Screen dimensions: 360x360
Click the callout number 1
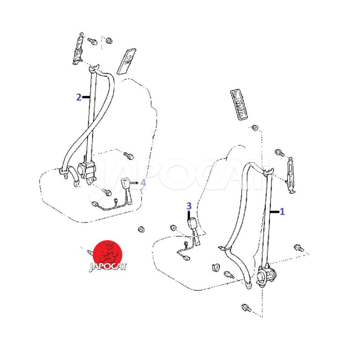click(282, 211)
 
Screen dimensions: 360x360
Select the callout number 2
click(79, 97)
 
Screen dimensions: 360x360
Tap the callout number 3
click(189, 206)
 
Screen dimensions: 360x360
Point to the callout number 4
click(143, 183)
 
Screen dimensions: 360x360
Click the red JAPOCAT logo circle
click(108, 255)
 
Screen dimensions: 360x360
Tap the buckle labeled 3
click(193, 224)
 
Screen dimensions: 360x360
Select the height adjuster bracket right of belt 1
click(290, 175)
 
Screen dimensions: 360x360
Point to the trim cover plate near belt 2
click(126, 61)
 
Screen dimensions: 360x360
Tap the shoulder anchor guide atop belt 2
click(94, 68)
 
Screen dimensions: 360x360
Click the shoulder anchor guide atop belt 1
click(268, 171)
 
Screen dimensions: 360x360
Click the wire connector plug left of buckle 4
click(94, 204)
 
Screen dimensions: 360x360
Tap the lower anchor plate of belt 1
click(248, 285)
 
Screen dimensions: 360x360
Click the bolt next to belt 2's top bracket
click(92, 41)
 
